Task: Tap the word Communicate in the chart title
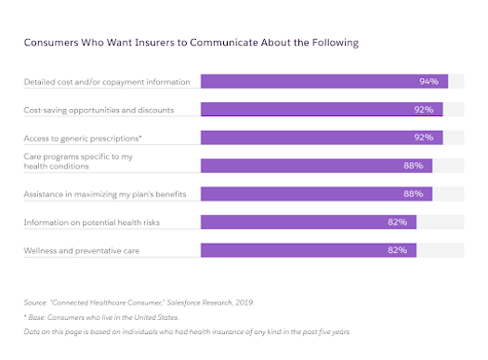(228, 43)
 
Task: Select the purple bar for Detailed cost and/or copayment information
(323, 82)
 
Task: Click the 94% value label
(429, 82)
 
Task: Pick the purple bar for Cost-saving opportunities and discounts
(321, 110)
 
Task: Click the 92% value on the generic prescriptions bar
(424, 138)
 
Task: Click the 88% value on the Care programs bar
(413, 166)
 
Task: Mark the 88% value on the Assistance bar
(413, 194)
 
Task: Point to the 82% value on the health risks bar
(397, 222)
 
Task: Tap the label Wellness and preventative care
(82, 250)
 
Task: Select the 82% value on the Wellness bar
(397, 250)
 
